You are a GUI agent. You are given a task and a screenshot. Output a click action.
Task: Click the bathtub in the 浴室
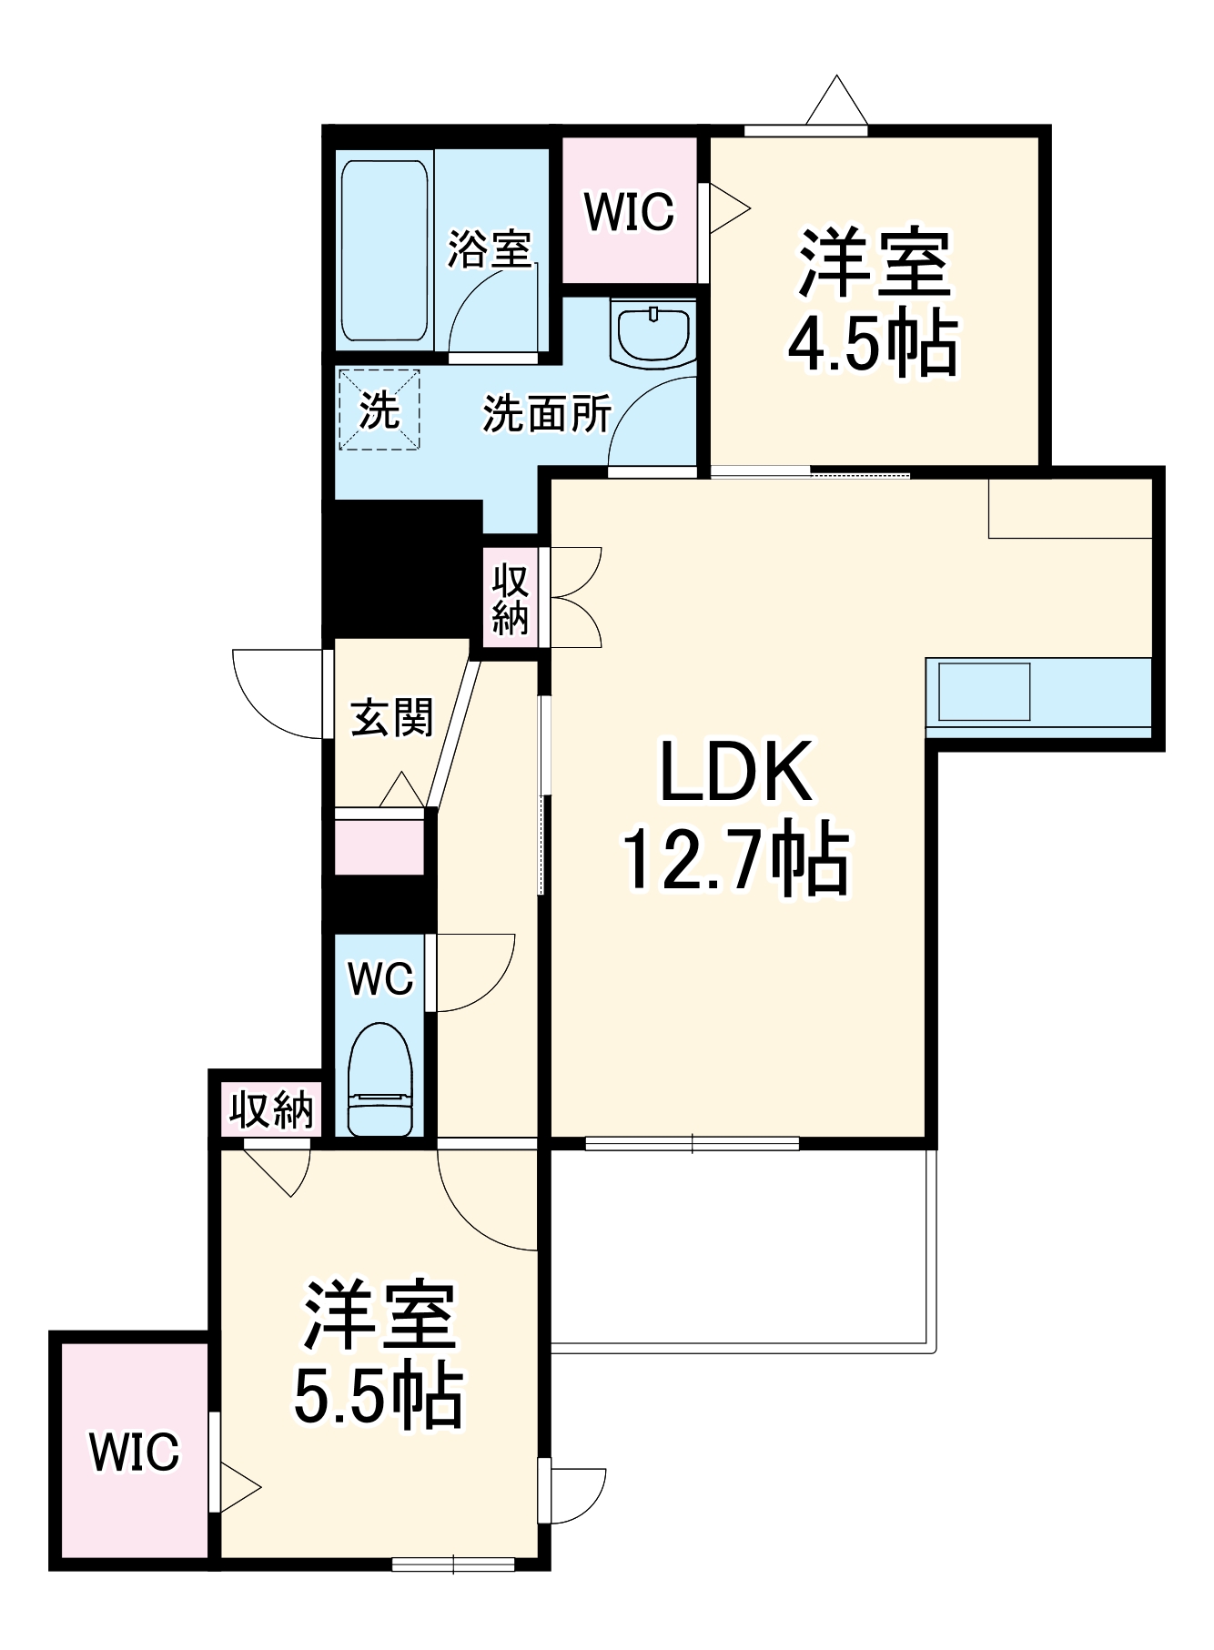384,251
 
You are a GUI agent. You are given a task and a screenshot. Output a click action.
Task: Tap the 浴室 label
490,248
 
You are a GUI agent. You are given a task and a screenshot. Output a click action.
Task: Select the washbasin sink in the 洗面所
653,333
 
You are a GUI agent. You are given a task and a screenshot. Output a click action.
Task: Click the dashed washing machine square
379,409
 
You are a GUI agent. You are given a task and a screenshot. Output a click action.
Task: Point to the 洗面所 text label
547,414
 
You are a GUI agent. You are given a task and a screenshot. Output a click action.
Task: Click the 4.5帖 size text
873,345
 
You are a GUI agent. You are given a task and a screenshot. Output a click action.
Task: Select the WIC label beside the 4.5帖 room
630,212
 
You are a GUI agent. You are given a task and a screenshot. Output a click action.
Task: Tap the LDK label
735,772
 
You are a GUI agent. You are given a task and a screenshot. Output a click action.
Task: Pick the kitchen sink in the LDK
984,692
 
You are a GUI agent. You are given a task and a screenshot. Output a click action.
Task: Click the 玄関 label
393,717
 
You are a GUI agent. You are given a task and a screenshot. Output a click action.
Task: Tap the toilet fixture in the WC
380,1080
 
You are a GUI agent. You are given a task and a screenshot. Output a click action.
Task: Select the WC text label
380,979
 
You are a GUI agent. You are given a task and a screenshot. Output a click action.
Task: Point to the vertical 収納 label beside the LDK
510,598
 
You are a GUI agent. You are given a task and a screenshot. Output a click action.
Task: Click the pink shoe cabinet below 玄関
379,846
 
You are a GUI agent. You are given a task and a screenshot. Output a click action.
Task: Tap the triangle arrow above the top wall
837,101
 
